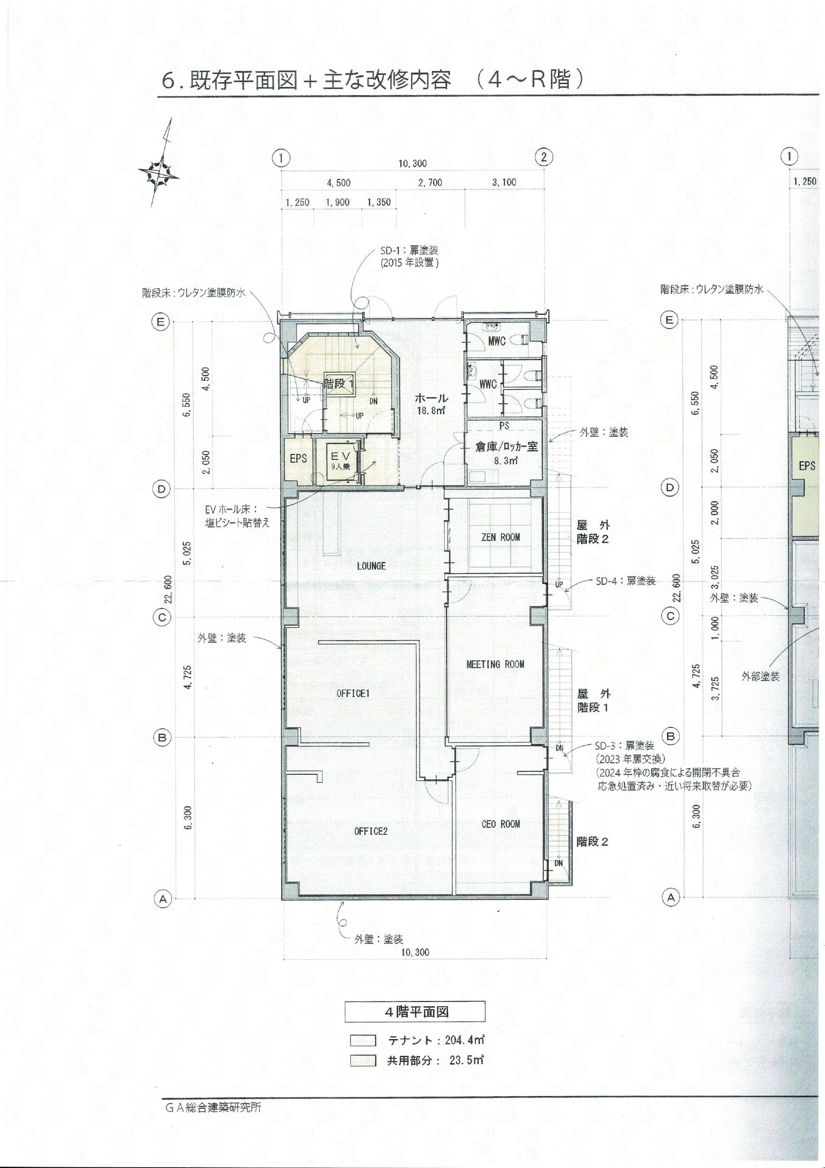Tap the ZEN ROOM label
coord(500,537)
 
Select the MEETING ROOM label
coord(495,664)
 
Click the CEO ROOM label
coord(500,823)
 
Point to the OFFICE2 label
coord(370,831)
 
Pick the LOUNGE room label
coord(371,566)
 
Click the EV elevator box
coord(340,461)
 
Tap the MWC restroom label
coord(497,341)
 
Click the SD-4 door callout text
coord(626,580)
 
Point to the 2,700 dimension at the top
coord(430,182)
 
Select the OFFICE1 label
coord(353,693)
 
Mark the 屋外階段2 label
coord(593,531)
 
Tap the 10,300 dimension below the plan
coord(415,952)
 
